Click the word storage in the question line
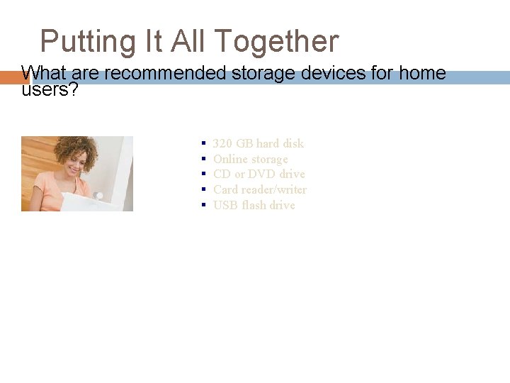tap(255, 74)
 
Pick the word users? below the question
tap(50, 90)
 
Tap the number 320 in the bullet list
tap(222, 143)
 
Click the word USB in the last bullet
tap(225, 205)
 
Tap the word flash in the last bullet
tap(254, 205)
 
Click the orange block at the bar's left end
tap(10, 77)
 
